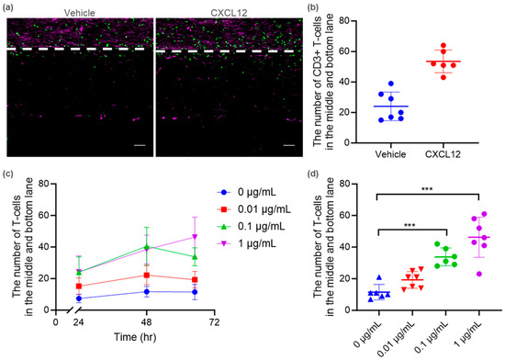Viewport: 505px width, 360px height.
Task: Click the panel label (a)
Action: [x=7, y=7]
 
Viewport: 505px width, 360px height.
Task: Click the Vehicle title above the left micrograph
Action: [x=80, y=13]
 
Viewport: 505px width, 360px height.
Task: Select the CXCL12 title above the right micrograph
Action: [x=229, y=13]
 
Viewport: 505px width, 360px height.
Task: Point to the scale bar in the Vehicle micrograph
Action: [x=140, y=145]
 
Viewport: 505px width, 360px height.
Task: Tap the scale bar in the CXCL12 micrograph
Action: [x=289, y=145]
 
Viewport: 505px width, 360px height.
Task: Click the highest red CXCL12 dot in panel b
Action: [x=443, y=45]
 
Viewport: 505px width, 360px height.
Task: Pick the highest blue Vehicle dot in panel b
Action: [x=391, y=84]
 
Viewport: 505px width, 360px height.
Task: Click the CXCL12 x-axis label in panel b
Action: [x=443, y=154]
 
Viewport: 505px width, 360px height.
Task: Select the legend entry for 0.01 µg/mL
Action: [x=254, y=209]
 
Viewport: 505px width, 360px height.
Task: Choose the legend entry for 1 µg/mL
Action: [x=247, y=243]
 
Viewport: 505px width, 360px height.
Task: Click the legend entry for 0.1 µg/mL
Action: [x=252, y=226]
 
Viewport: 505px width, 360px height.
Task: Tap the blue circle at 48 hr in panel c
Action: [x=147, y=292]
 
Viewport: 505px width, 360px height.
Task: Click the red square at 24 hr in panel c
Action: [x=79, y=287]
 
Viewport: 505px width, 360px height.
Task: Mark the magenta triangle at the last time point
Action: [x=195, y=237]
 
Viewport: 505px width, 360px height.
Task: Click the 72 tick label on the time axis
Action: [x=214, y=322]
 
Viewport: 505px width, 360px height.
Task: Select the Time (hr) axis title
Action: [x=135, y=337]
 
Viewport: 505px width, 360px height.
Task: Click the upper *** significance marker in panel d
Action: [x=427, y=189]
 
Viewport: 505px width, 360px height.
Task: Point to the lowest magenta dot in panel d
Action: [x=479, y=274]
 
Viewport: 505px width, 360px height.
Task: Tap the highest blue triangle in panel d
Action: [x=379, y=277]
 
